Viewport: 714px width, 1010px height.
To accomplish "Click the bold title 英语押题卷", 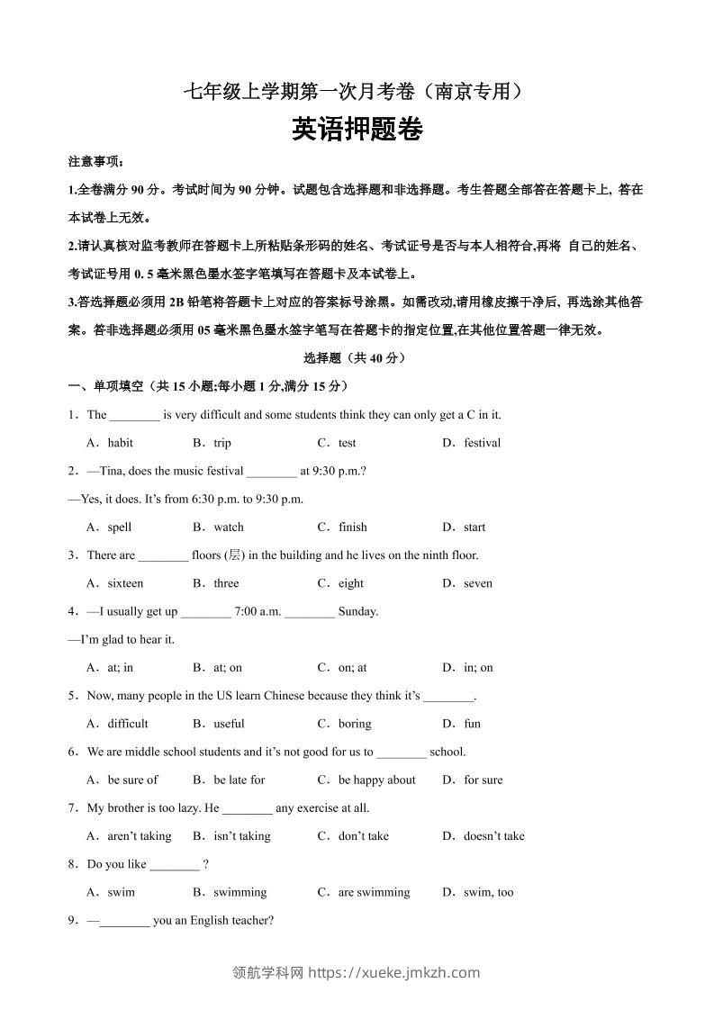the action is click(x=357, y=131).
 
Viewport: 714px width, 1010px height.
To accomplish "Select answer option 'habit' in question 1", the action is click(x=120, y=443).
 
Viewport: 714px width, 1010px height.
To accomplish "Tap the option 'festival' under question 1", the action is click(x=482, y=443).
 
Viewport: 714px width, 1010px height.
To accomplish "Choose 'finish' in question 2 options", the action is click(x=352, y=528).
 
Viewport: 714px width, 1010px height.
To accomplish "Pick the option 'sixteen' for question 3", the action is click(x=125, y=583).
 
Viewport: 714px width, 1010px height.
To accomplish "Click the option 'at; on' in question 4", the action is click(x=228, y=668).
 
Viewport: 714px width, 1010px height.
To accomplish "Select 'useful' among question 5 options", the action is click(x=229, y=724).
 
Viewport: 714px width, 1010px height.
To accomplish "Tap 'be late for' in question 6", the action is click(x=239, y=780).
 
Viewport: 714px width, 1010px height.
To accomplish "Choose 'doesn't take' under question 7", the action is click(x=493, y=836).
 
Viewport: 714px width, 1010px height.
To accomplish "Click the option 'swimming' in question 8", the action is click(x=240, y=893).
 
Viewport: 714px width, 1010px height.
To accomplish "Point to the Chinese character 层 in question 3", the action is click(x=237, y=555).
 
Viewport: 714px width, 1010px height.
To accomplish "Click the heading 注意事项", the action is click(x=95, y=162).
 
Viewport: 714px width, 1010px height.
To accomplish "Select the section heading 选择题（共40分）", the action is click(x=357, y=357).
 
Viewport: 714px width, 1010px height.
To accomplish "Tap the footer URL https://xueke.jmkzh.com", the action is click(x=393, y=972).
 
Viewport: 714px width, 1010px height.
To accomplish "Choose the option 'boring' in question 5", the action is click(x=355, y=724).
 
